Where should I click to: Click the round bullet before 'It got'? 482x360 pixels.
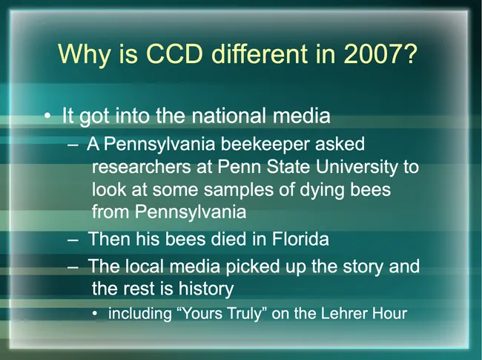click(47, 117)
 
